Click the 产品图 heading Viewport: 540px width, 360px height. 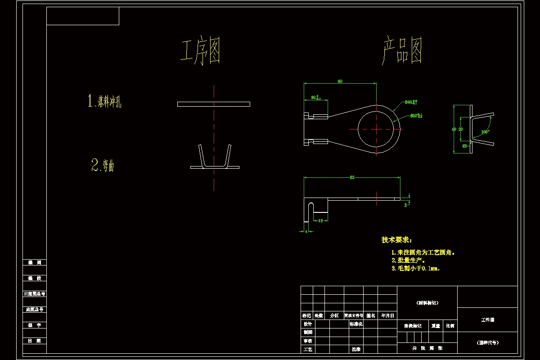tap(403, 51)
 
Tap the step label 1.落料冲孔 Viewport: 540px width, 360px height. tap(104, 101)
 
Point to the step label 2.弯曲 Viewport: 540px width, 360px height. tap(103, 166)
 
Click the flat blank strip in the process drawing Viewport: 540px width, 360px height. tap(214, 104)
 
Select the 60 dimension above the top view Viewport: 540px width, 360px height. tap(340, 81)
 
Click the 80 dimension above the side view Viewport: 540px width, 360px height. tap(352, 177)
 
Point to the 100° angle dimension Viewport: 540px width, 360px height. tap(485, 132)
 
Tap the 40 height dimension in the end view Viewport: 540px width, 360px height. tap(454, 129)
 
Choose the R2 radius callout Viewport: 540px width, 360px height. tap(464, 146)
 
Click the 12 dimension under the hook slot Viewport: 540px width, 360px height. tap(320, 220)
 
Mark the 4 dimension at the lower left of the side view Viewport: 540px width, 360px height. tap(306, 231)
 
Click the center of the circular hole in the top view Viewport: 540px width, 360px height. tap(377, 129)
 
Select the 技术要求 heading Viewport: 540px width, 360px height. tap(396, 240)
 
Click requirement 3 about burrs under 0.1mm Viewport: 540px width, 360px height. tap(415, 268)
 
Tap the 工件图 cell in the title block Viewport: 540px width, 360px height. tap(487, 319)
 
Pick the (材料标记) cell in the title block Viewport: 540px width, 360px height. tap(427, 303)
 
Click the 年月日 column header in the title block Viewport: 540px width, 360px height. tap(387, 315)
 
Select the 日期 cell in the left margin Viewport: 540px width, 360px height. tap(34, 341)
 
